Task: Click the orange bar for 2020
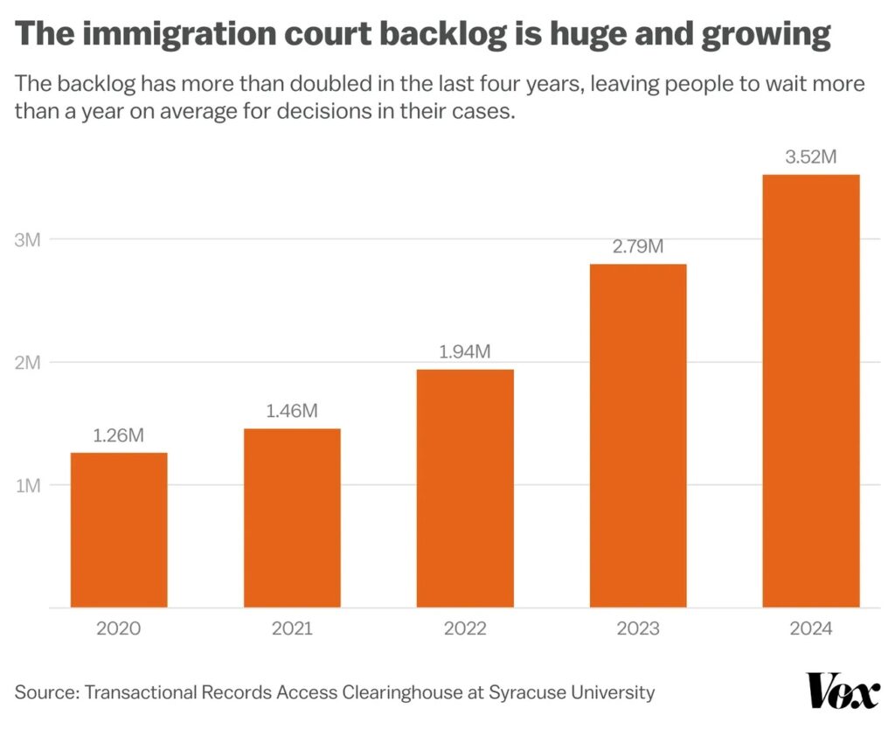click(119, 529)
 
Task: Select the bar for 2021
click(292, 517)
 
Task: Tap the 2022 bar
click(465, 488)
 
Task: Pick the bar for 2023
click(638, 435)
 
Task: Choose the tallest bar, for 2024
click(811, 391)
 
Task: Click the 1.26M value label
click(119, 434)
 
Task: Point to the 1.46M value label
click(292, 410)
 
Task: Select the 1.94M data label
click(465, 351)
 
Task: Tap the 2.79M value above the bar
click(638, 246)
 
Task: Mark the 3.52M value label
click(811, 157)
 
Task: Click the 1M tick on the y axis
click(28, 486)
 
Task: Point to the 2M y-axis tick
click(28, 363)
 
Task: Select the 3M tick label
click(28, 240)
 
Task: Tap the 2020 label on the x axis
click(119, 628)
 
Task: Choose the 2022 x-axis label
click(465, 628)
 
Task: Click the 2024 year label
click(811, 628)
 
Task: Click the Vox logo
click(843, 691)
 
